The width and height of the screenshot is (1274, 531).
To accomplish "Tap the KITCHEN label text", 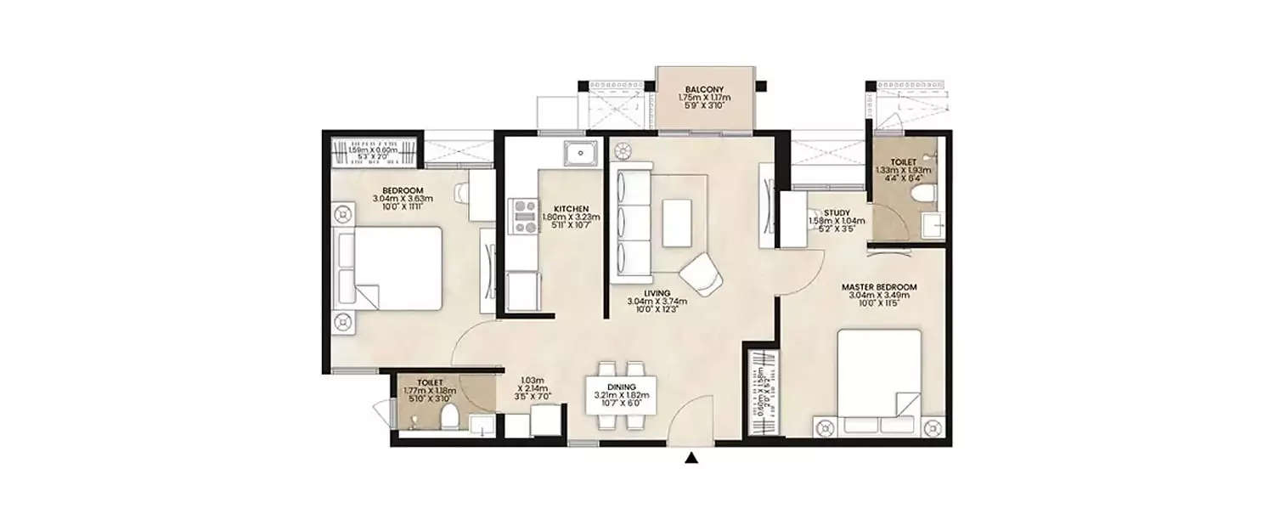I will [566, 208].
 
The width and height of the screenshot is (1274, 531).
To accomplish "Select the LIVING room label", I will [657, 294].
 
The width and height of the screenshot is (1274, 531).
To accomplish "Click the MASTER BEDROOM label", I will [879, 287].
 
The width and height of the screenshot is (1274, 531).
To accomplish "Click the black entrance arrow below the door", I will [692, 460].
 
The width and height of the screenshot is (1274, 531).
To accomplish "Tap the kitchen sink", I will [582, 154].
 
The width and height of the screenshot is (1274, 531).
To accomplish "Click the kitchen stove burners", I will [520, 216].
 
